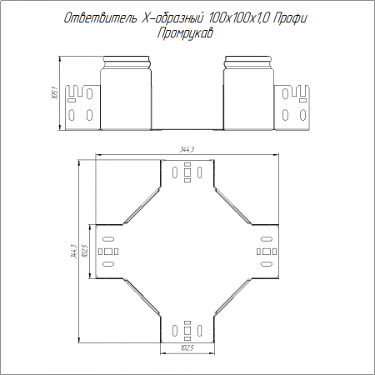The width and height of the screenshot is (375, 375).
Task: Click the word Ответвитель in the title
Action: [x=101, y=18]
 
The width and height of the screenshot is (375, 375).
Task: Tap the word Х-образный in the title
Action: [x=172, y=18]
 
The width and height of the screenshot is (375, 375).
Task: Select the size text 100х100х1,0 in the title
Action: [x=237, y=18]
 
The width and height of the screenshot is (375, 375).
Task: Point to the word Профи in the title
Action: [x=290, y=18]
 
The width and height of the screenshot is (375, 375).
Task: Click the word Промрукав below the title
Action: [x=185, y=33]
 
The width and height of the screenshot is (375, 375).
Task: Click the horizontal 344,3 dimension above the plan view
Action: [x=187, y=149]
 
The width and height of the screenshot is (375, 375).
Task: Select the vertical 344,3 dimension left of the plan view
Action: [x=73, y=252]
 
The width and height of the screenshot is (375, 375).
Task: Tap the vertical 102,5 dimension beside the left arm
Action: [x=85, y=251]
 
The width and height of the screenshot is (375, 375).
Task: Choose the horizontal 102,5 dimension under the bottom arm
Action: [x=187, y=347]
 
